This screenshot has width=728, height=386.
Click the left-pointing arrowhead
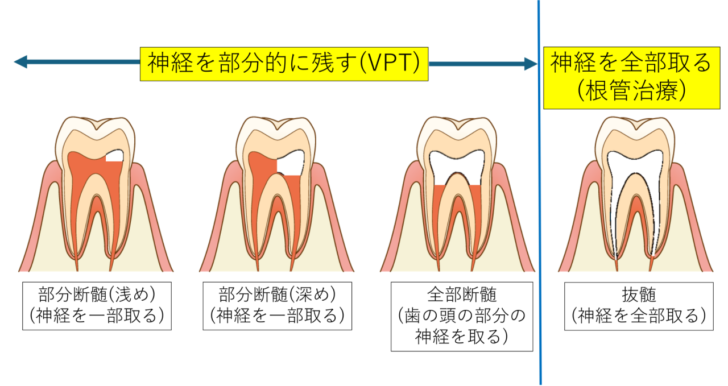point(20,62)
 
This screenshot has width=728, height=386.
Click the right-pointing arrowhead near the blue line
point(531,64)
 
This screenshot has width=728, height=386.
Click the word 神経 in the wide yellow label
point(166,63)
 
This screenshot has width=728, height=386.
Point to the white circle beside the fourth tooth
point(686,152)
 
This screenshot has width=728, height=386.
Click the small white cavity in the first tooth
point(115,155)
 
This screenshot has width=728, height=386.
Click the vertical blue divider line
point(539,227)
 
